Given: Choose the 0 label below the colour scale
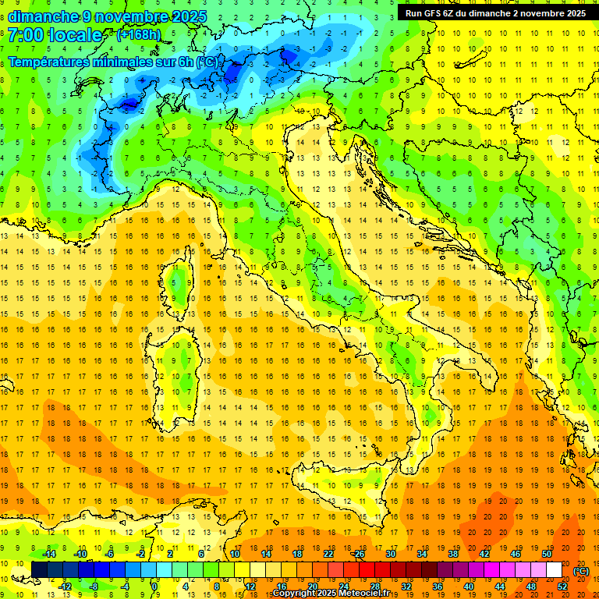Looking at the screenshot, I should (x=154, y=587).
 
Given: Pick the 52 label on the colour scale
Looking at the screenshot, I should (x=562, y=587).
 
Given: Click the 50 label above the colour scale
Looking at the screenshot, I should (x=547, y=554).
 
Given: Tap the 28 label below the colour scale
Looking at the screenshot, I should (x=374, y=587).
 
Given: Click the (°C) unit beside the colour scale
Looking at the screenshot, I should (x=581, y=570).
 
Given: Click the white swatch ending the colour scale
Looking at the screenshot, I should (x=555, y=570).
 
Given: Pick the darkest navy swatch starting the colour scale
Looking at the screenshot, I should (x=39, y=570).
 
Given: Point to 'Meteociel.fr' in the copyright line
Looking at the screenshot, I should (x=370, y=594).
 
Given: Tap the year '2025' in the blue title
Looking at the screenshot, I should (x=190, y=16).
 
